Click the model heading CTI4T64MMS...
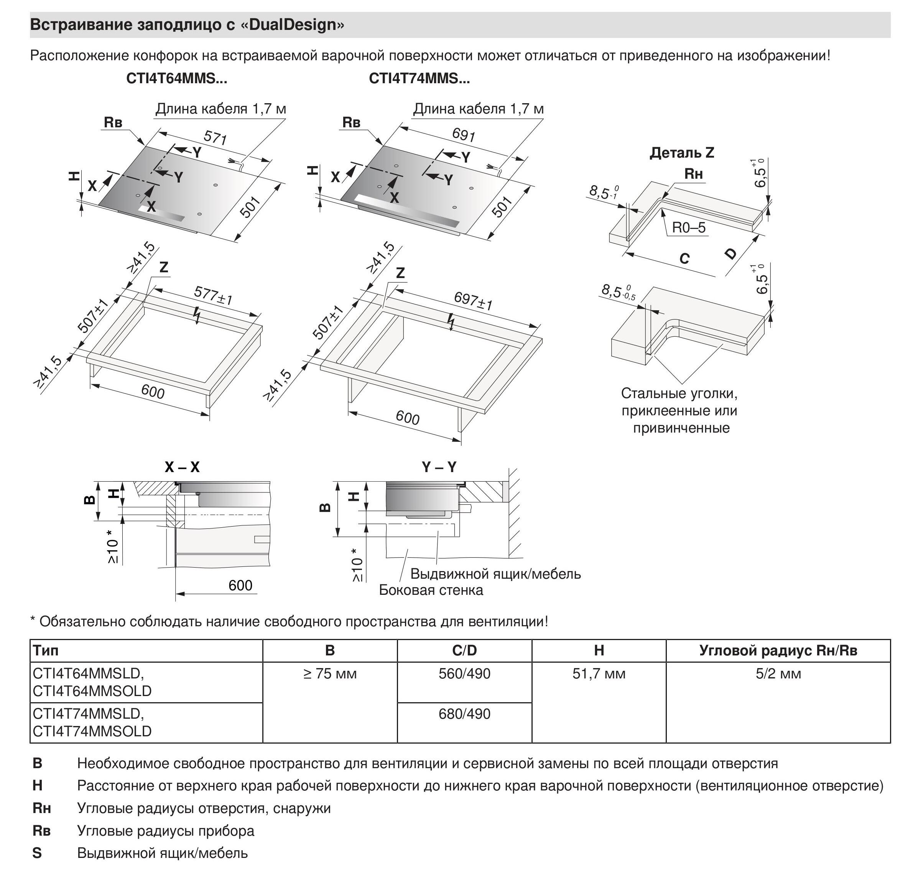[x=176, y=78]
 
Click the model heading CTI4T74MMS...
[x=419, y=78]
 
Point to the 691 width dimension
[x=464, y=135]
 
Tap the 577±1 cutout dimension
[x=213, y=296]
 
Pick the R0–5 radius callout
[x=689, y=228]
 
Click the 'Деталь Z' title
[x=681, y=153]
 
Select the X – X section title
[x=182, y=467]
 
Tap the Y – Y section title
[x=439, y=467]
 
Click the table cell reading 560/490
[x=464, y=674]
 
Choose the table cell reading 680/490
[x=464, y=714]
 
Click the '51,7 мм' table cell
[x=599, y=674]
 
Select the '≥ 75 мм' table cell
[x=330, y=674]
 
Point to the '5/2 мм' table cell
[x=778, y=674]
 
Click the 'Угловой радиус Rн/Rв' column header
[x=778, y=650]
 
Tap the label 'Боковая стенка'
[x=431, y=590]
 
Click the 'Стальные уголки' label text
[x=679, y=393]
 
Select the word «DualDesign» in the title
[x=292, y=25]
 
